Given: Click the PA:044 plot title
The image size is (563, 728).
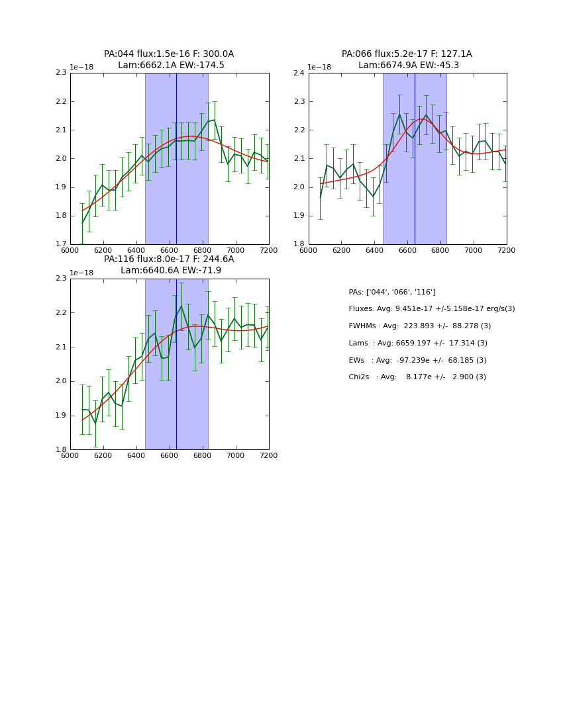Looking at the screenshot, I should tap(169, 54).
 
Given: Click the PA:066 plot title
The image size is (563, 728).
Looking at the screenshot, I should tap(407, 54).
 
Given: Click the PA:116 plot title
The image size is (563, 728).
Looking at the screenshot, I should tap(169, 259).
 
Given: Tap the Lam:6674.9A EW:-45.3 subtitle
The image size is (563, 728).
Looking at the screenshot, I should tap(408, 66).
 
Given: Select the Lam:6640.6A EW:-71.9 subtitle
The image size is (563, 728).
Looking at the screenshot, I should tap(171, 271).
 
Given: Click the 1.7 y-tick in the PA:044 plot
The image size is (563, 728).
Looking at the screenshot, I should tap(60, 244).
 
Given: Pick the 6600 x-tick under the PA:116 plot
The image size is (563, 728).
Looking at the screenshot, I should tap(169, 455).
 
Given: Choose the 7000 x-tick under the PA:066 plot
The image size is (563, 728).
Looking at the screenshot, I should tap(473, 250).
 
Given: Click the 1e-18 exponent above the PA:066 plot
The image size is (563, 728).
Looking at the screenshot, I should tap(319, 68).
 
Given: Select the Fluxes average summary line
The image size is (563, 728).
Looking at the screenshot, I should tap(431, 309).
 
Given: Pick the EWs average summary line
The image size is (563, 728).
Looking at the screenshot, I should tap(417, 360).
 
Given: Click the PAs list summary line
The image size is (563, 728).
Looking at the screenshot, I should tap(391, 292).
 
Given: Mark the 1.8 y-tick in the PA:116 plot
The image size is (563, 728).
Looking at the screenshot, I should tap(60, 450).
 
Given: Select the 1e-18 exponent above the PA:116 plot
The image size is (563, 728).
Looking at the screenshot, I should tap(81, 273).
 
